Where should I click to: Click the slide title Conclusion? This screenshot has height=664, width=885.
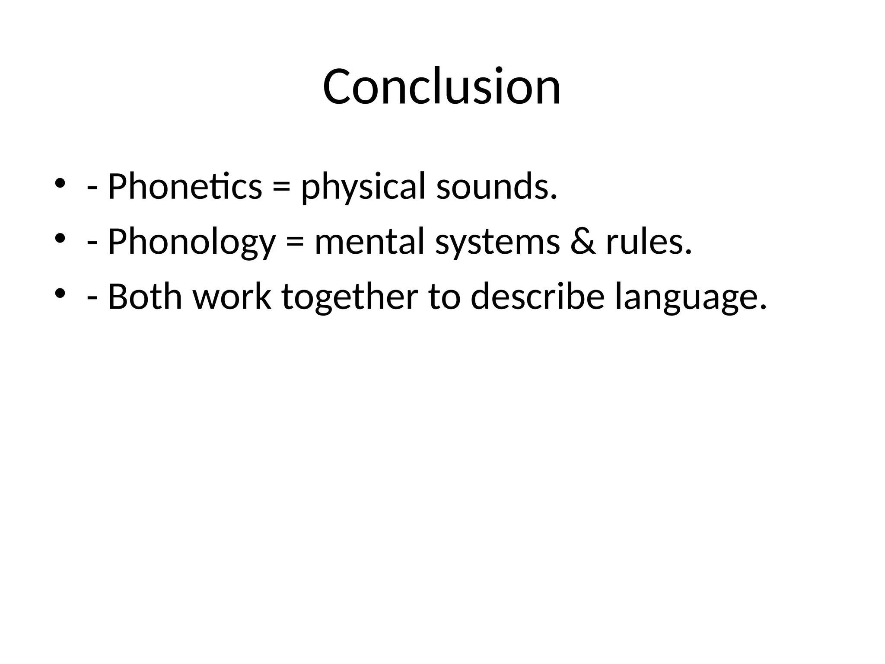(442, 86)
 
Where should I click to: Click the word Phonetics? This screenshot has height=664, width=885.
(185, 187)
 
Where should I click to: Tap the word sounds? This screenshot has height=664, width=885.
(497, 187)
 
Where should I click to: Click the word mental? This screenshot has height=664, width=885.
(369, 242)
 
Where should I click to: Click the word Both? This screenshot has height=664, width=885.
(145, 297)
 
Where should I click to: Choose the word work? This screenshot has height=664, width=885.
(232, 297)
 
